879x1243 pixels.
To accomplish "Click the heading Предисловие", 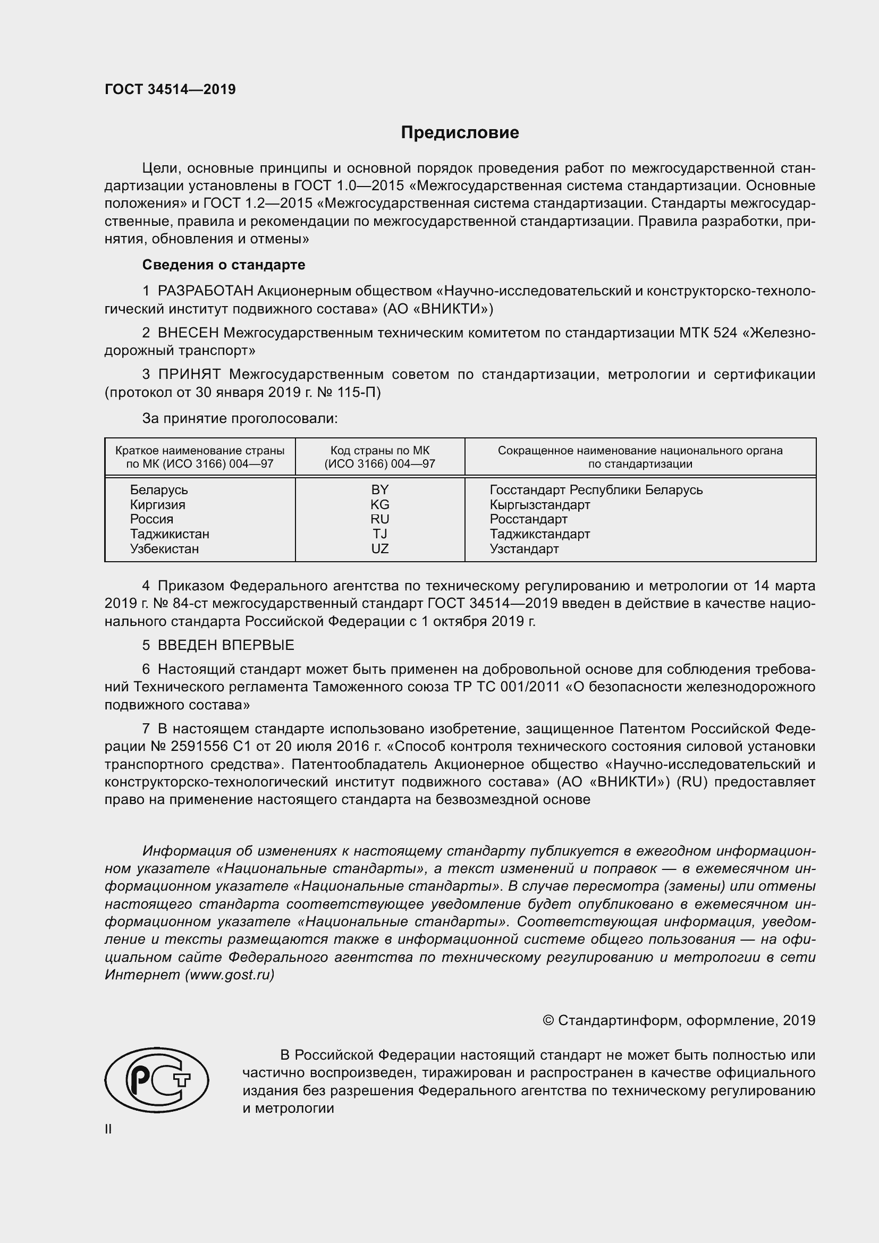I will click(460, 133).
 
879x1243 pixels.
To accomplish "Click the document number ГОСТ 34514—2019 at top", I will click(170, 89).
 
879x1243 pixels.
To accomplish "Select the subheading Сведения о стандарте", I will click(224, 265).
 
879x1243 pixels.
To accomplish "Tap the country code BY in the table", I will click(379, 489).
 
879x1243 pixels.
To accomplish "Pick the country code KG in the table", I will click(379, 504).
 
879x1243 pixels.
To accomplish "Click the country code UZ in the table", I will click(379, 548).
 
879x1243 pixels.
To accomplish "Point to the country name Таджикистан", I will click(170, 534).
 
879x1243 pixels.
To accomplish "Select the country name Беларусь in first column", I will click(158, 489).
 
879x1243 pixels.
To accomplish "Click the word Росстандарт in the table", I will click(528, 519).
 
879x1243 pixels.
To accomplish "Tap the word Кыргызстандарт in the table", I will click(539, 504).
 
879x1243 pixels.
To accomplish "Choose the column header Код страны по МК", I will click(379, 451).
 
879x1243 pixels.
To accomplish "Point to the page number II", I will click(108, 1129).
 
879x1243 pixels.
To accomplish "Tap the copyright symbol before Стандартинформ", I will click(548, 1020).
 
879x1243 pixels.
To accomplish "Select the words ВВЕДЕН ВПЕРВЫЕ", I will click(226, 645).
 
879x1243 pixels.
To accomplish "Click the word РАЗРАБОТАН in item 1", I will click(205, 291).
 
